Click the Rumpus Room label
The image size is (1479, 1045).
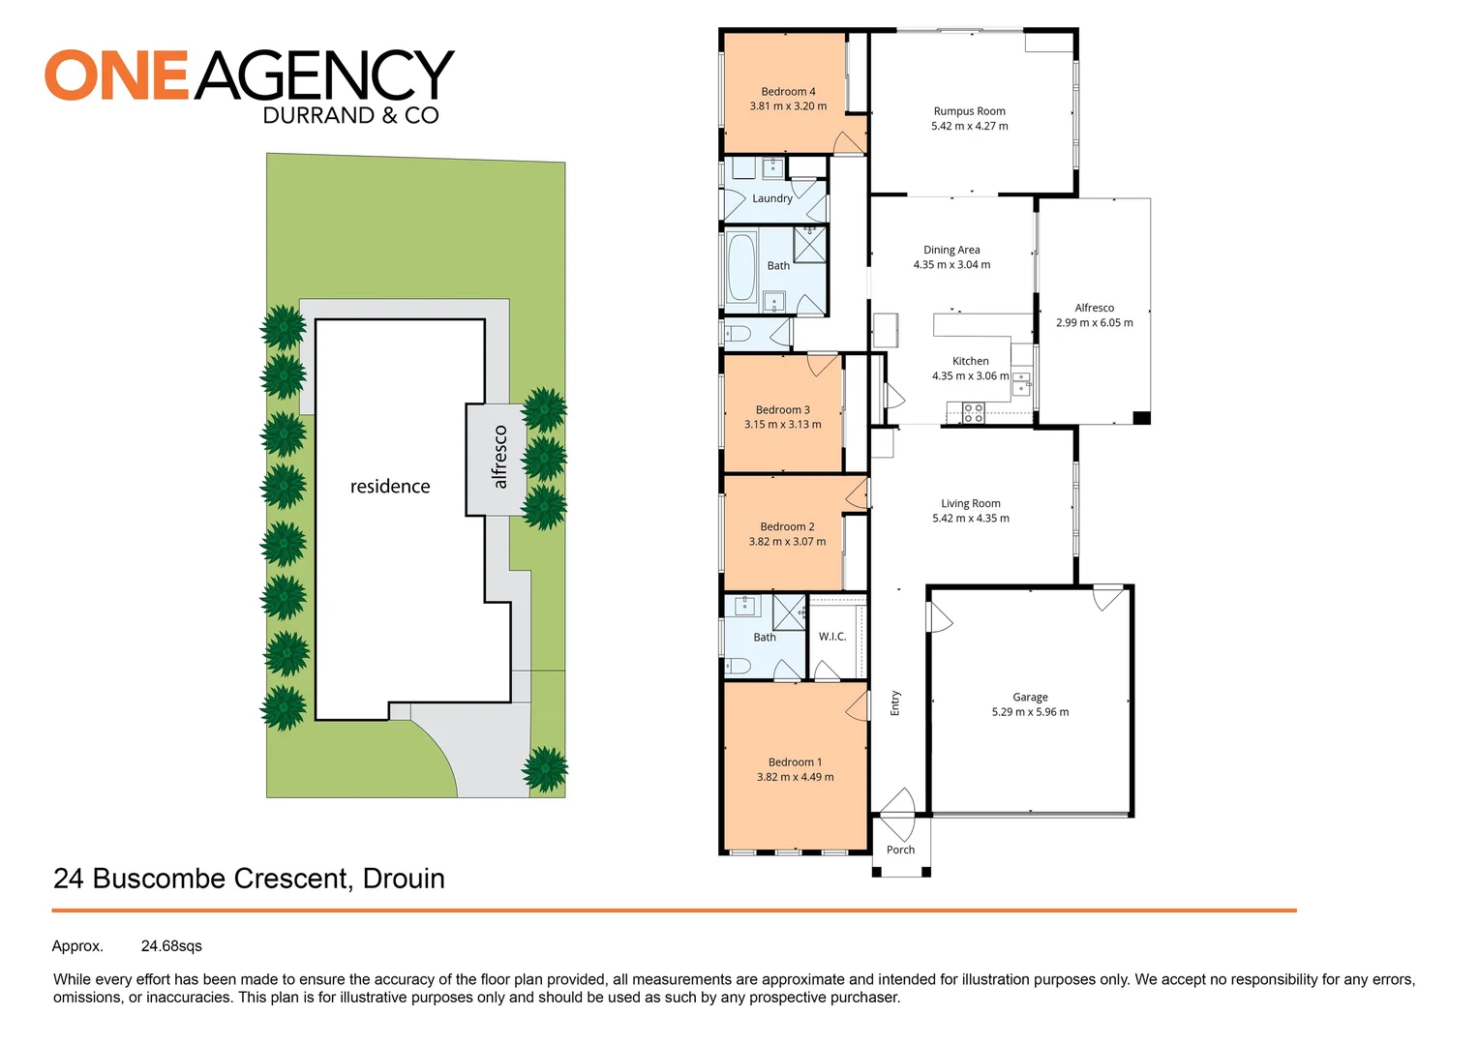tap(969, 111)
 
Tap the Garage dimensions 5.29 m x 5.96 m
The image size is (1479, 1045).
tap(1030, 711)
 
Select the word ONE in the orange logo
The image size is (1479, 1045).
tap(116, 75)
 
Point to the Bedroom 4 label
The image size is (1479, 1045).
tap(788, 92)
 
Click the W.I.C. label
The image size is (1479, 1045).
tap(832, 637)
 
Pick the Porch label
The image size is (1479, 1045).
tap(900, 850)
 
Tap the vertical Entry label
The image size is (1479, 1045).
tap(894, 703)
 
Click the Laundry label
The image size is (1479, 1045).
tap(771, 198)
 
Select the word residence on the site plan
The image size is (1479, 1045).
tap(389, 487)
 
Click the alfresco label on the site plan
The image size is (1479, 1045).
tap(499, 457)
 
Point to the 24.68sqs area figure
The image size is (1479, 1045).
tap(171, 946)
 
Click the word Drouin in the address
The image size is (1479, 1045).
tap(404, 879)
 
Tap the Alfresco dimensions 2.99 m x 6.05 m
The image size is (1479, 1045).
tap(1094, 323)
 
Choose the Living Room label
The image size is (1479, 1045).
tap(971, 504)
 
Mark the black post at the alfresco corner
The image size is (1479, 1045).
tap(1141, 417)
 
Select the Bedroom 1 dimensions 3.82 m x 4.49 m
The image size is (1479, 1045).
tap(795, 777)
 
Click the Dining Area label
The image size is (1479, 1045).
tap(951, 250)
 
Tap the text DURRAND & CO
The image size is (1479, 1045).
tap(350, 115)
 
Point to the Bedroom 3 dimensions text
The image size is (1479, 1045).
tap(782, 425)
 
